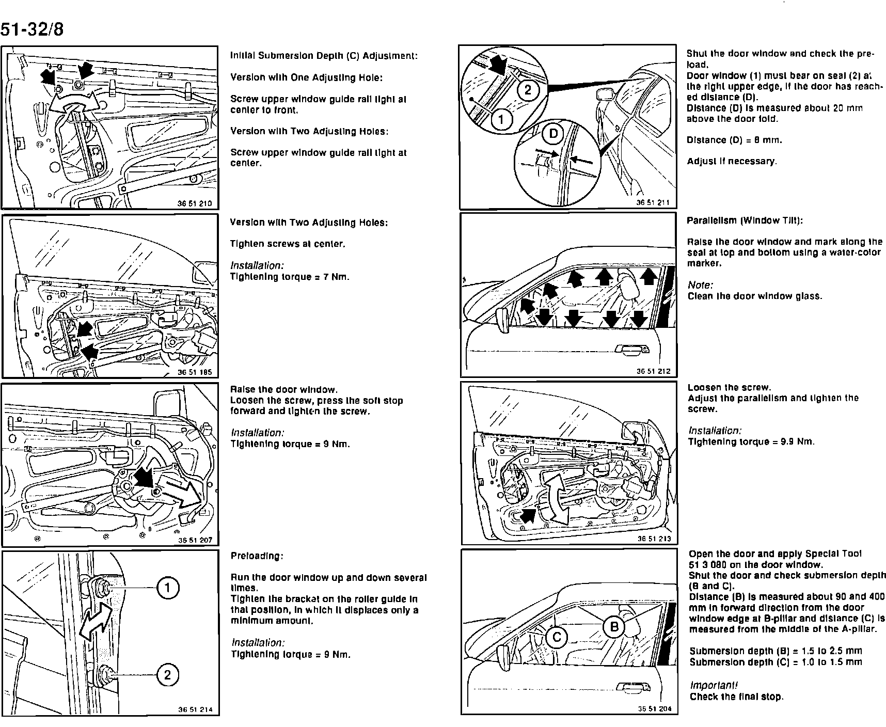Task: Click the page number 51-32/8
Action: click(32, 29)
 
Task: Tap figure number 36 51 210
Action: click(195, 203)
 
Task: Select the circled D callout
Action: click(553, 134)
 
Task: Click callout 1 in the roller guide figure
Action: click(168, 588)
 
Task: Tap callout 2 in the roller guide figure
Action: click(168, 675)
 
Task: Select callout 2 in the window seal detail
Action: click(528, 90)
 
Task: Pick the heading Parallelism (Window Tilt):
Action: click(745, 220)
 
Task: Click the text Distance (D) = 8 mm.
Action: click(734, 140)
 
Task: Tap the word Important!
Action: click(714, 685)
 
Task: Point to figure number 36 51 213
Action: click(654, 539)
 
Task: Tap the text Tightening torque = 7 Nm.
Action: click(290, 277)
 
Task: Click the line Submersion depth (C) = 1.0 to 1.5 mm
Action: click(776, 662)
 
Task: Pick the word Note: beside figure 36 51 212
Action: click(700, 285)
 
